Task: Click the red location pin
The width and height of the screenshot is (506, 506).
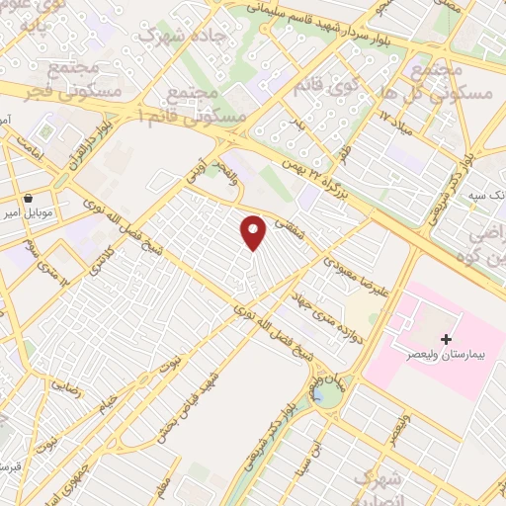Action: coord(254,232)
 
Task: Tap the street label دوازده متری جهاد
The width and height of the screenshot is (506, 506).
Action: coord(323,295)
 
